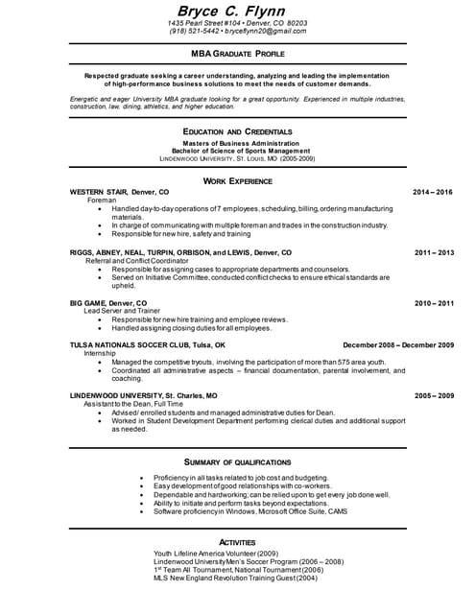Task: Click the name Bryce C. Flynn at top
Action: pos(237,10)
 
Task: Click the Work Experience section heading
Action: pos(237,180)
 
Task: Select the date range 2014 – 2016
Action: pos(433,192)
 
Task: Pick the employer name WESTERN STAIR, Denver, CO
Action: pos(119,192)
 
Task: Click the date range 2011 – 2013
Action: pos(433,252)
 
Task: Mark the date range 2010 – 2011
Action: pos(433,302)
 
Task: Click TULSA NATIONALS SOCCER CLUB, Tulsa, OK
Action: pos(148,344)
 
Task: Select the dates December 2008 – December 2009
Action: pos(397,344)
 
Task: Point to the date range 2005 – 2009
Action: pos(433,395)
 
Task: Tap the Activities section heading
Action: pos(237,542)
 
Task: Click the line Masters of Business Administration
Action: pos(237,143)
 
